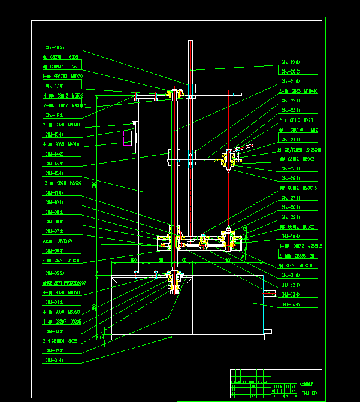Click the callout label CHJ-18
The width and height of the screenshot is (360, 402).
pyautogui.click(x=55, y=47)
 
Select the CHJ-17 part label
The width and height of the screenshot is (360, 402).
pyautogui.click(x=55, y=86)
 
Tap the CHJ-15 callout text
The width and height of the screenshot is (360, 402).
pyautogui.click(x=55, y=134)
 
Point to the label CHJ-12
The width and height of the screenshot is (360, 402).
pyautogui.click(x=55, y=174)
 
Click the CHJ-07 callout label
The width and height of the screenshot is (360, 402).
pyautogui.click(x=55, y=231)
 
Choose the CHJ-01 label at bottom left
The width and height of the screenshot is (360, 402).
pyautogui.click(x=55, y=361)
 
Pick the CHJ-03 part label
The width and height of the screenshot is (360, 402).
pyautogui.click(x=55, y=331)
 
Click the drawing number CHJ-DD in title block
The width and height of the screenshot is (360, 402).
pyautogui.click(x=309, y=393)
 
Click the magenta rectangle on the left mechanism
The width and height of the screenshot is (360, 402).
pyautogui.click(x=127, y=138)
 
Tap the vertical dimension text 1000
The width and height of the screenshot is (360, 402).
pyautogui.click(x=94, y=186)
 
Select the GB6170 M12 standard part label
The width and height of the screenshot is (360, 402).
pyautogui.click(x=304, y=129)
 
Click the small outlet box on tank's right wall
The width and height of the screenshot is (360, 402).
pyautogui.click(x=270, y=293)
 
